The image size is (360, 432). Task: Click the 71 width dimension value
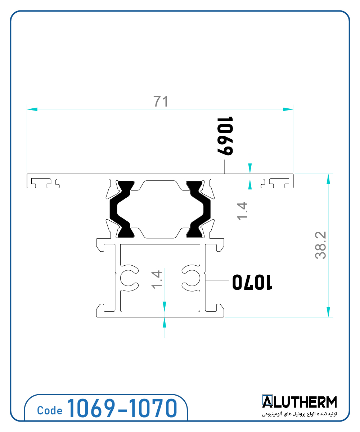[161, 102]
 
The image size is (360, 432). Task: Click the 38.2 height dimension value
[320, 245]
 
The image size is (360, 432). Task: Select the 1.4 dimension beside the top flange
[242, 211]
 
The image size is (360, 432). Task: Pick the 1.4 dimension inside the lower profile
[157, 280]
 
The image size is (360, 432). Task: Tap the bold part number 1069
[225, 136]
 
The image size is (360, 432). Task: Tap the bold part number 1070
[252, 282]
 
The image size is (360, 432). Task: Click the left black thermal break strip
[121, 209]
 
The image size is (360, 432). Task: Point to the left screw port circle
[126, 278]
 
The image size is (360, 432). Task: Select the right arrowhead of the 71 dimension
[288, 109]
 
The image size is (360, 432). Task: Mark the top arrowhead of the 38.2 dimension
[328, 179]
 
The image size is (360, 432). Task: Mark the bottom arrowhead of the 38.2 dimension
[328, 312]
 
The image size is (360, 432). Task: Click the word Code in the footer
[50, 411]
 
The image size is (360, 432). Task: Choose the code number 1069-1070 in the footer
[122, 409]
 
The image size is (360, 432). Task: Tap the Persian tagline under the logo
[299, 414]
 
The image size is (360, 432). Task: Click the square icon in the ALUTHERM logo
[267, 402]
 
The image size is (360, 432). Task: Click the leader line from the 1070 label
[216, 280]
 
